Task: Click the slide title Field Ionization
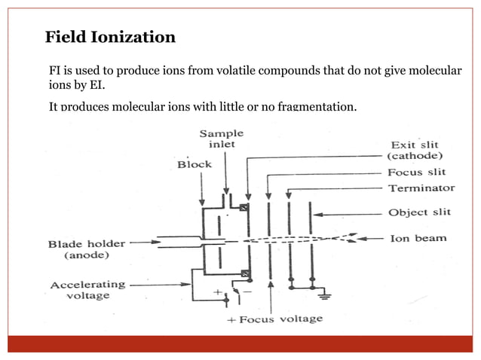(110, 37)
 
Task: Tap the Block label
(195, 163)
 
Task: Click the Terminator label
(421, 188)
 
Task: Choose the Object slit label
(419, 213)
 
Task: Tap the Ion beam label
(417, 238)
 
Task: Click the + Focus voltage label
(275, 319)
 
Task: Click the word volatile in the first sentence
(235, 71)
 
